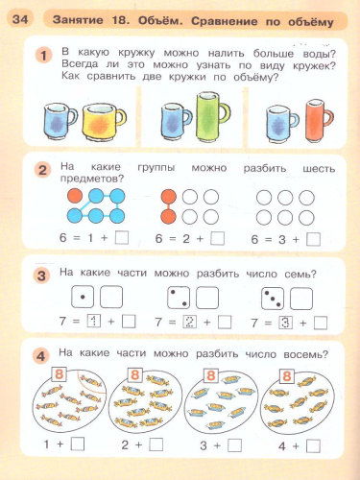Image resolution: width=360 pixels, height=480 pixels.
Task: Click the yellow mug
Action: [x=101, y=123]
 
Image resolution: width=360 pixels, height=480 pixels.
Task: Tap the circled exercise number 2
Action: [x=42, y=171]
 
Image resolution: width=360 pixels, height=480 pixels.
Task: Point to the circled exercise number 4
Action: [x=42, y=357]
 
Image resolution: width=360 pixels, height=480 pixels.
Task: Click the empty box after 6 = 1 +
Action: [x=121, y=239]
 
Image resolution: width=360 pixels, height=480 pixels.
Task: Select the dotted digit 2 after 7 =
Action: [x=189, y=323]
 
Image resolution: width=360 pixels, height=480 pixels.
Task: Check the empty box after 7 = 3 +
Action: [x=321, y=323]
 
